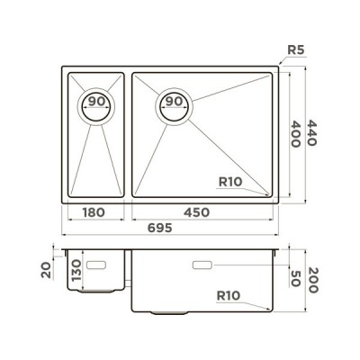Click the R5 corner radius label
pos(296,50)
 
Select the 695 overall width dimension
pos(160,228)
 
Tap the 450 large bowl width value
pos(196,212)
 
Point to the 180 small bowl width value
pos(94,212)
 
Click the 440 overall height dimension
pos(312,133)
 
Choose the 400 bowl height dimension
pos(296,134)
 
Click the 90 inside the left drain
pos(96,101)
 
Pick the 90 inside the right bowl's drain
pos(174,101)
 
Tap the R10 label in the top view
pos(230,182)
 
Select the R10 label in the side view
pos(229,296)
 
